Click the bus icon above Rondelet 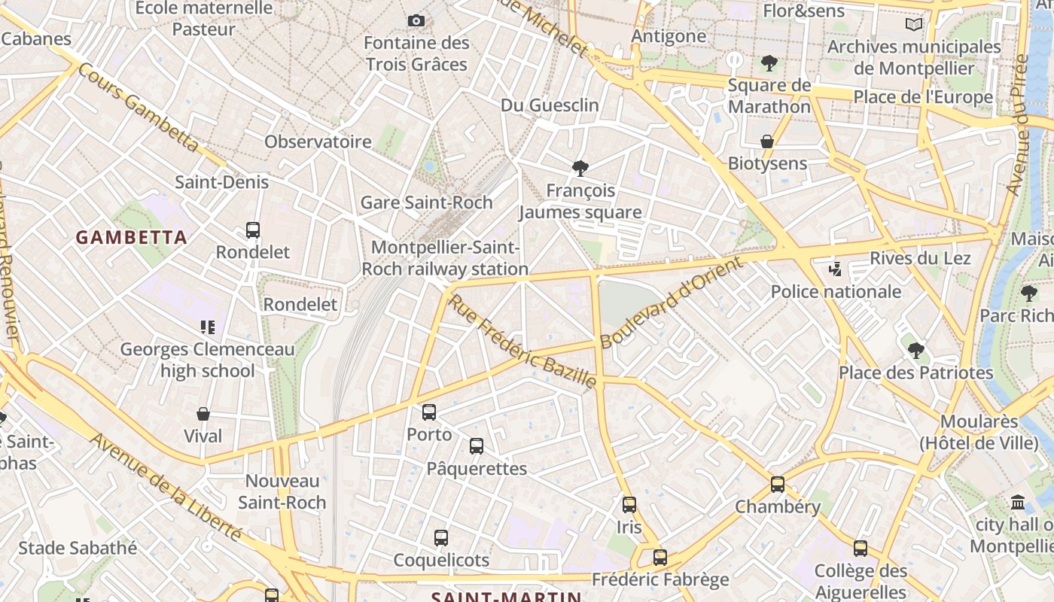pos(253,230)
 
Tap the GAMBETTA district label pos(131,238)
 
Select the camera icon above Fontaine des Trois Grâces pos(416,20)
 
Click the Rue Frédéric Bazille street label pos(522,342)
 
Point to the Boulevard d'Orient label pos(672,303)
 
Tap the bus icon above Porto pos(429,412)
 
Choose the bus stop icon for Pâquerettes pos(477,446)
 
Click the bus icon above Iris pos(629,505)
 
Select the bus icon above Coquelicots pos(441,538)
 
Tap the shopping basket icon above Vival pos(203,414)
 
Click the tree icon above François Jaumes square pos(580,168)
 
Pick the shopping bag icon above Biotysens pos(767,141)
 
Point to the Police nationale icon pos(835,269)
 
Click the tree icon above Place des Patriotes pos(915,350)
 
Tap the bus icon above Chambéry pos(778,485)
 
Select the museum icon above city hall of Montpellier pos(1018,502)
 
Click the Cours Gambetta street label pos(138,107)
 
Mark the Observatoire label pos(318,141)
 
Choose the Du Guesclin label pos(550,105)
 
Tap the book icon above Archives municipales pos(914,24)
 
